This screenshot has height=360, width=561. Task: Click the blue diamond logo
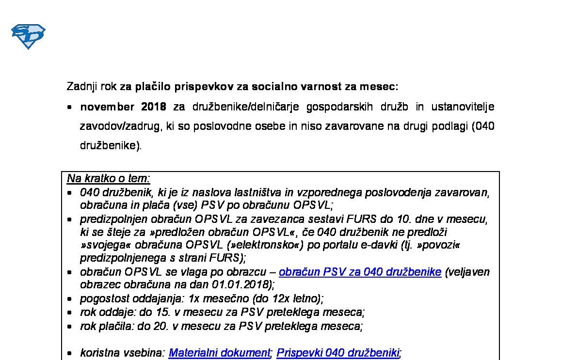pyautogui.click(x=28, y=36)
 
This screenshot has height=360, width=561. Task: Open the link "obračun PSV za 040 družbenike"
pyautogui.click(x=360, y=272)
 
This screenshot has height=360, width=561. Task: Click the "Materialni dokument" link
pyautogui.click(x=219, y=353)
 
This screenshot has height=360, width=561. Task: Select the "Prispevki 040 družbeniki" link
pyautogui.click(x=337, y=353)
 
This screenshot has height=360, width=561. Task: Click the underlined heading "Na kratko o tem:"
pyautogui.click(x=109, y=178)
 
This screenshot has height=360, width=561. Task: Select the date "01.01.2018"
pyautogui.click(x=241, y=284)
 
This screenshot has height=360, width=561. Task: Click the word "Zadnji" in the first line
pyautogui.click(x=81, y=87)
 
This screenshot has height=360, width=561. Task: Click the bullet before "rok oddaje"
pyautogui.click(x=70, y=313)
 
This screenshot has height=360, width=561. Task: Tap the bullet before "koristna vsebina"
pyautogui.click(x=70, y=353)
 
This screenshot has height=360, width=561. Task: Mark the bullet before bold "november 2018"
pyautogui.click(x=70, y=107)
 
